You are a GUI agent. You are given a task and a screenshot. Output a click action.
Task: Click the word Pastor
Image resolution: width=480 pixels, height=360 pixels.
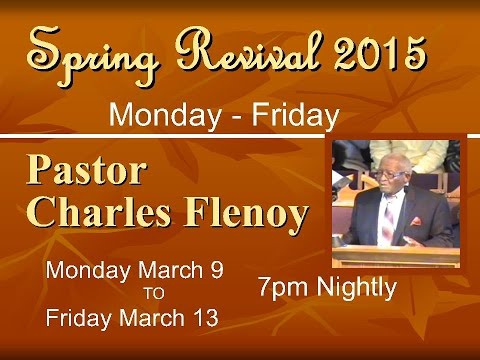tap(85, 171)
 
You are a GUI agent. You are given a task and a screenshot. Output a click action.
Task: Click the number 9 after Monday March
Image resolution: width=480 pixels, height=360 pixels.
tap(216, 270)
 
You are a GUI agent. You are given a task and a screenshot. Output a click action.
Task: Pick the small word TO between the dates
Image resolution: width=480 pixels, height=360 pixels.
tap(153, 294)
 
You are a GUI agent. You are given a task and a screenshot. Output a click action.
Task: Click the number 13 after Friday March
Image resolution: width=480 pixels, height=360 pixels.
tap(206, 319)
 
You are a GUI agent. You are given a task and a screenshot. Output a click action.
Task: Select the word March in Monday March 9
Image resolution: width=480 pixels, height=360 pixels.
tap(170, 270)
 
